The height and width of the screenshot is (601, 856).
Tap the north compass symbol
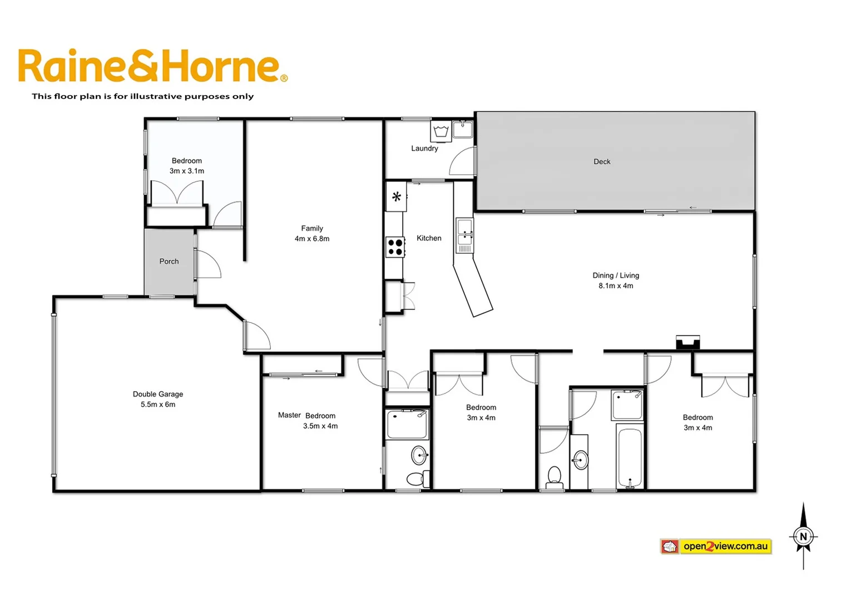pyautogui.click(x=803, y=536)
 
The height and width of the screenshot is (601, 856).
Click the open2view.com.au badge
pyautogui.click(x=716, y=546)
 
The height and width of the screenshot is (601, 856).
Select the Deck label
pyautogui.click(x=602, y=162)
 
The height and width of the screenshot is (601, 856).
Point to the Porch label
pyautogui.click(x=169, y=262)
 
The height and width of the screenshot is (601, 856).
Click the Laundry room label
pyautogui.click(x=424, y=149)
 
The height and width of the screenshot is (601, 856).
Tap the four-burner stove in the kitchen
pyautogui.click(x=395, y=247)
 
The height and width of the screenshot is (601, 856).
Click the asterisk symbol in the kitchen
pyautogui.click(x=397, y=196)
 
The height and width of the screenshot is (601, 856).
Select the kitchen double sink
pyautogui.click(x=464, y=232)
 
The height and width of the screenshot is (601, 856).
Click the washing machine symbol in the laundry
pyautogui.click(x=441, y=131)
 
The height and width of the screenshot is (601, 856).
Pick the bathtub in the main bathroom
pyautogui.click(x=630, y=457)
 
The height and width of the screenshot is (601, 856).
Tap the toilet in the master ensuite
pyautogui.click(x=416, y=478)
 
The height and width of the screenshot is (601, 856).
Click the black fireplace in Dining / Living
pyautogui.click(x=687, y=342)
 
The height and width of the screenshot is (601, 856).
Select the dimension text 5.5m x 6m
pyautogui.click(x=158, y=405)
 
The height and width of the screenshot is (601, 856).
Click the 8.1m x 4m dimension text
pyautogui.click(x=616, y=286)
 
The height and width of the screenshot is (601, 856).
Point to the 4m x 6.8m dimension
pyautogui.click(x=312, y=239)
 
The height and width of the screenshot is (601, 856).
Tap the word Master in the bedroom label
pyautogui.click(x=289, y=415)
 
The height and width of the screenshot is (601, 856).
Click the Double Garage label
pyautogui.click(x=158, y=394)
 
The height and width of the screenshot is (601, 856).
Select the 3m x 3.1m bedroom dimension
pyautogui.click(x=187, y=171)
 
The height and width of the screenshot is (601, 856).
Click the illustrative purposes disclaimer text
pyautogui.click(x=142, y=96)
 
